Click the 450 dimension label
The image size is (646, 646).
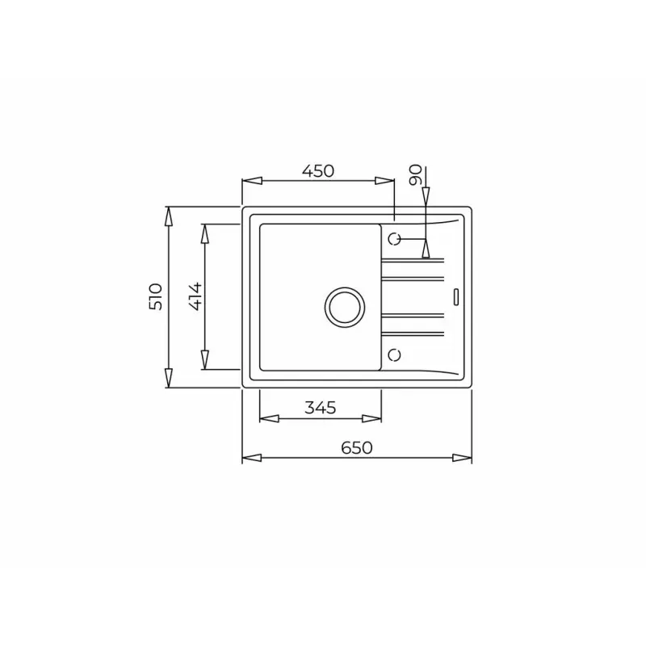tap(317, 171)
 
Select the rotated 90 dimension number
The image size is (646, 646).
tap(415, 175)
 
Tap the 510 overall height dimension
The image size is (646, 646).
tap(157, 297)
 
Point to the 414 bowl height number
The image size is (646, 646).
tap(194, 297)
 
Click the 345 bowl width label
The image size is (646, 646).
tap(321, 408)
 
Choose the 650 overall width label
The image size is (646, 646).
tap(356, 448)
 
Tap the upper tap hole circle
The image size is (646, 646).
tap(394, 239)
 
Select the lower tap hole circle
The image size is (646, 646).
tap(394, 354)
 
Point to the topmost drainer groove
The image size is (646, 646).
tap(413, 260)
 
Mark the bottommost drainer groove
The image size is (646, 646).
tap(413, 333)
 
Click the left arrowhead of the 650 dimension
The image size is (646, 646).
tap(251, 458)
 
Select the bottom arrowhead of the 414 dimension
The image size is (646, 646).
tap(205, 361)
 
